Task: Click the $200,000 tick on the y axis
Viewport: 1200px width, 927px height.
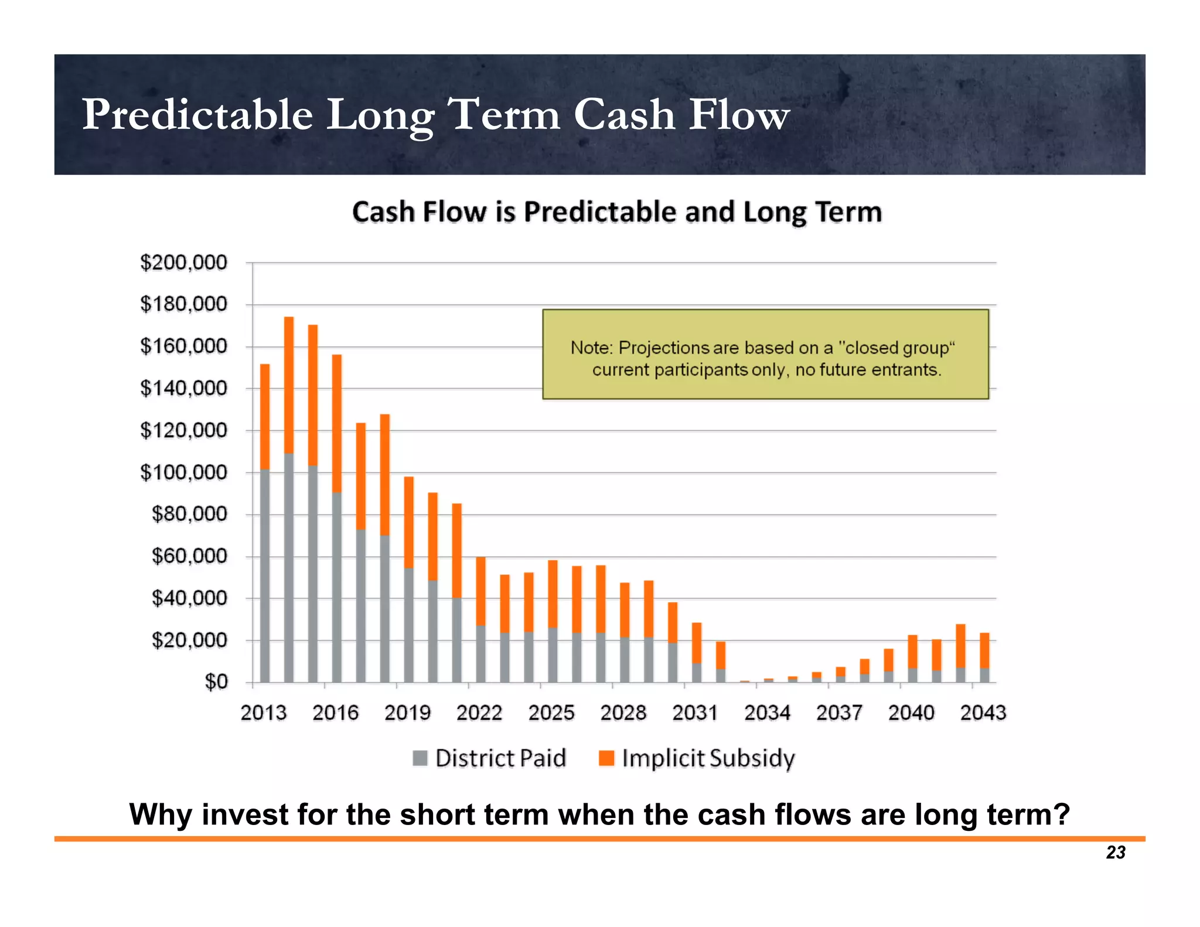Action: click(183, 263)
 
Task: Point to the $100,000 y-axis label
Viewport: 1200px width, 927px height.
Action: click(183, 472)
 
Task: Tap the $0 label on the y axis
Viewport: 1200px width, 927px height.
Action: click(216, 682)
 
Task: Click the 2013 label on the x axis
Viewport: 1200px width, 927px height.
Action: click(264, 713)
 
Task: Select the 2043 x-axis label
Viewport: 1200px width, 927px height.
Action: click(983, 713)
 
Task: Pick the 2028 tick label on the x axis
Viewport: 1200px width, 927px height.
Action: click(623, 713)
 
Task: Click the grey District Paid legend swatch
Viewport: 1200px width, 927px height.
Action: click(420, 758)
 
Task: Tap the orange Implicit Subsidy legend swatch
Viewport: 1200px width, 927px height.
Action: click(606, 758)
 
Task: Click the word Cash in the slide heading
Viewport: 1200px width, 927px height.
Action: click(623, 114)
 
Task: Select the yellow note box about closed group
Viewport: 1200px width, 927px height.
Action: click(765, 355)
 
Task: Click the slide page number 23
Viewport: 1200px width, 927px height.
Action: click(1116, 853)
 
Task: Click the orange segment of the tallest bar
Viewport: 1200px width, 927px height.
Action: click(289, 384)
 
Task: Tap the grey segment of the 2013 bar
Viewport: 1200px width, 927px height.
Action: click(265, 574)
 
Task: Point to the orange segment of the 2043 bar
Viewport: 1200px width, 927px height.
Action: click(984, 650)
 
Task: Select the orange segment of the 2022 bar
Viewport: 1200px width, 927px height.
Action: click(480, 591)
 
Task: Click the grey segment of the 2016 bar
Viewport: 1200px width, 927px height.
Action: click(337, 586)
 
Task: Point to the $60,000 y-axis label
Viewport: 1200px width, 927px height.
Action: click(189, 556)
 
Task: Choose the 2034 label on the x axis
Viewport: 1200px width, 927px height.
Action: click(767, 713)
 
